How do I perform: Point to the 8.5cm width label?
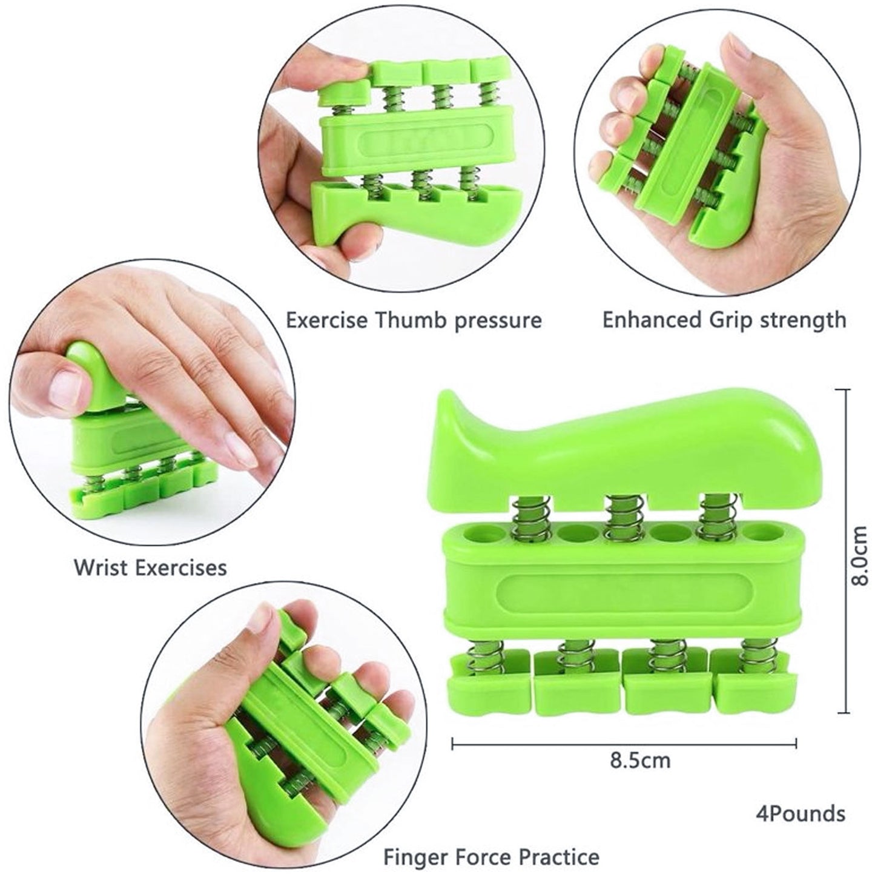point(640,761)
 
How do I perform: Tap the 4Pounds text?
point(800,814)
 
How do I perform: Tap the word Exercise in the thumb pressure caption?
point(326,320)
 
